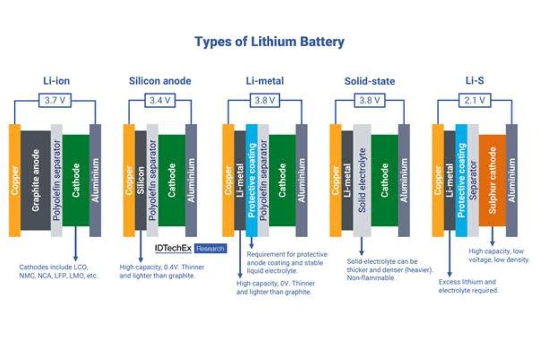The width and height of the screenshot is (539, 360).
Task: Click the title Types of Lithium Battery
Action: (269, 41)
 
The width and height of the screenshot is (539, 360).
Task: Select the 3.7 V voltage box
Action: (55, 100)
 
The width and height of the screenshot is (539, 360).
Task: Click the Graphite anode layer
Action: (36, 180)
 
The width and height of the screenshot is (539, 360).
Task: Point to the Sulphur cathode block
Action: (492, 180)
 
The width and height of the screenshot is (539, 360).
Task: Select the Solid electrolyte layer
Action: (362, 180)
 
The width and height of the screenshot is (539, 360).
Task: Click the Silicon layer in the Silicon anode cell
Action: (141, 180)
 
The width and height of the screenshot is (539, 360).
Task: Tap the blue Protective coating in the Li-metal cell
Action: (252, 180)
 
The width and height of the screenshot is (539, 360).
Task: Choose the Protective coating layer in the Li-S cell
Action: (461, 180)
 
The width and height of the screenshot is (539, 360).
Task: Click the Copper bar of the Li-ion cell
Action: (15, 180)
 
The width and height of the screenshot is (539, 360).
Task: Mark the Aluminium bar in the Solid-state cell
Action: (404, 180)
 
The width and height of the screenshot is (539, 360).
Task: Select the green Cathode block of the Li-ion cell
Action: (76, 180)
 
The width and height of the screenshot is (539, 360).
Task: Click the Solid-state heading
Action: (369, 81)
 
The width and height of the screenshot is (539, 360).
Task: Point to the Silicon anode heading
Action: (160, 81)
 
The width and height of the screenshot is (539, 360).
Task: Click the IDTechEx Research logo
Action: (191, 248)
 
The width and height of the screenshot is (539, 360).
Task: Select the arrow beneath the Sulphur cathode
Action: (492, 236)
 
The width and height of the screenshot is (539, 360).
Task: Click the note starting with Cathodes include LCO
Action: (59, 271)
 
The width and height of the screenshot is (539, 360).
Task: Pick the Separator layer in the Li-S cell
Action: (473, 180)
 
